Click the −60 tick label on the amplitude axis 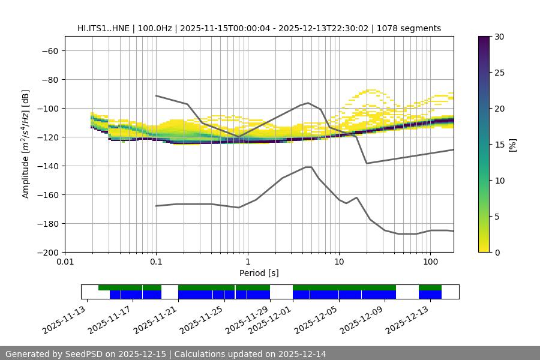[x=49, y=51]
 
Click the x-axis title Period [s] [x=259, y=274]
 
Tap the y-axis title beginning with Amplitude [x=26, y=144]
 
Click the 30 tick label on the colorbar [x=499, y=37]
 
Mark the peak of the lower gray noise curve [x=308, y=167]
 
